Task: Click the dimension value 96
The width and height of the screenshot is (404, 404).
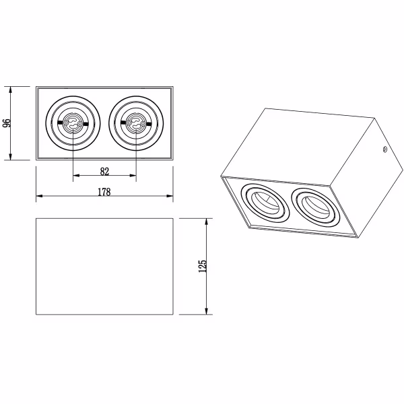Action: pyautogui.click(x=7, y=123)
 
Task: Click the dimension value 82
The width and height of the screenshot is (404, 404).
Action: pyautogui.click(x=104, y=170)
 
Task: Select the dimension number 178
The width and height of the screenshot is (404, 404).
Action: pyautogui.click(x=104, y=191)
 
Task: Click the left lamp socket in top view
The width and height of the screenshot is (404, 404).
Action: pyautogui.click(x=73, y=123)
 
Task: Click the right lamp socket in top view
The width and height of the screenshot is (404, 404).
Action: pyautogui.click(x=135, y=123)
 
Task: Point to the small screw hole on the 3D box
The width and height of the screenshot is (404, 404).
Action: pyautogui.click(x=384, y=150)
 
